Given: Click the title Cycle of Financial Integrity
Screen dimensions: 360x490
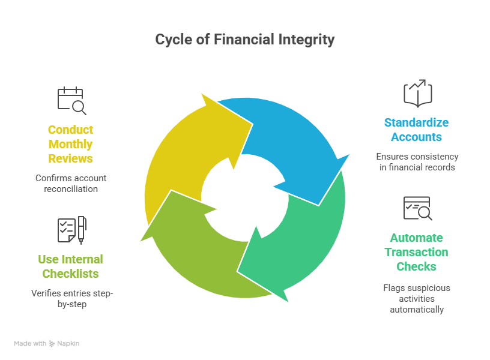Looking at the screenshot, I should pyautogui.click(x=245, y=40).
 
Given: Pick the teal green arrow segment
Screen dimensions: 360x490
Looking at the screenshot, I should pyautogui.click(x=300, y=240).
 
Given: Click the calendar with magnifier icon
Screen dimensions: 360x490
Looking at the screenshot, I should pyautogui.click(x=71, y=101).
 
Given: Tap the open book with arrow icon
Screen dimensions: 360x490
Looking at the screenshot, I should pyautogui.click(x=417, y=94).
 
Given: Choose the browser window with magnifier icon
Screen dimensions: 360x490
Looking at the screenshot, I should pyautogui.click(x=417, y=208).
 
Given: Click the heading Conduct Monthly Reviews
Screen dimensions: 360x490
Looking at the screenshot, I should pyautogui.click(x=71, y=144).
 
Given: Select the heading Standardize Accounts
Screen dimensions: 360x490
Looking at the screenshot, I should pyautogui.click(x=417, y=130).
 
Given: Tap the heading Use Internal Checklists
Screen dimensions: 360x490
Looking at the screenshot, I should pyautogui.click(x=71, y=266).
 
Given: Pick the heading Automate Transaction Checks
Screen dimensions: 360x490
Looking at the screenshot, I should pyautogui.click(x=417, y=252).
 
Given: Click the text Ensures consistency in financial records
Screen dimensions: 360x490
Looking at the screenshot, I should pyautogui.click(x=417, y=162).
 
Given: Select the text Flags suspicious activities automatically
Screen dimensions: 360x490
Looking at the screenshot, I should pyautogui.click(x=417, y=299).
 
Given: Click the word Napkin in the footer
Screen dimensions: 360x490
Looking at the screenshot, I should pyautogui.click(x=68, y=344).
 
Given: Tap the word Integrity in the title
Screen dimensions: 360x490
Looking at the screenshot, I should pyautogui.click(x=306, y=40).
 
